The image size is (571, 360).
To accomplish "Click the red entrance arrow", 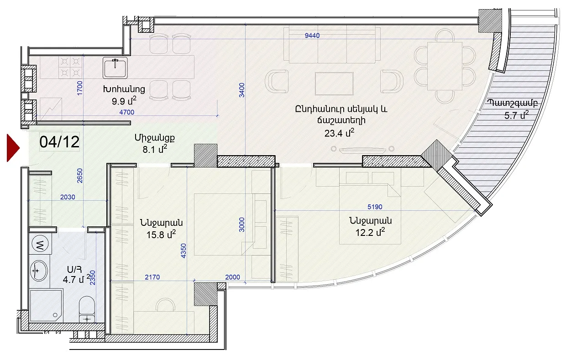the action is [x=13, y=148].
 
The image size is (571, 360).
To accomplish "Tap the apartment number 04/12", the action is [x=59, y=142].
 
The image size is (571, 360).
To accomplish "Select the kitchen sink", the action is [x=115, y=68].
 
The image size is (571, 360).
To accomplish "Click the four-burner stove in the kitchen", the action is [x=70, y=67].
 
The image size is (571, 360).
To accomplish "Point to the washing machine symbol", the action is [x=40, y=244].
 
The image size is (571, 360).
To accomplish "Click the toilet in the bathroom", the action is [x=87, y=309].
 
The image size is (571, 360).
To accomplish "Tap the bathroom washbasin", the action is [x=39, y=271].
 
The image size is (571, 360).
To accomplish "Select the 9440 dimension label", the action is [x=312, y=36].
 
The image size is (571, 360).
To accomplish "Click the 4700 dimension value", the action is [x=127, y=112].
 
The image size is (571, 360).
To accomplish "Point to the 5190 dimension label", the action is [x=375, y=207].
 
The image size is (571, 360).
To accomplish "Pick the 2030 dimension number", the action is [x=68, y=197].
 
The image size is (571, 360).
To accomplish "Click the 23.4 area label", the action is [x=339, y=133].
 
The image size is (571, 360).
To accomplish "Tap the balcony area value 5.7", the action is [x=516, y=115].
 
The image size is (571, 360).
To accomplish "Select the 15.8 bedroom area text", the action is [x=161, y=234].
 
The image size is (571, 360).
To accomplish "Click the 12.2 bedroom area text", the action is [x=370, y=232].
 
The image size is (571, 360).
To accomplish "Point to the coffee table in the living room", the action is [x=334, y=83].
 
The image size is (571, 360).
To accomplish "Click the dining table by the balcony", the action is [x=445, y=66].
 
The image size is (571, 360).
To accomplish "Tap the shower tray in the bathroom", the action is [x=46, y=306].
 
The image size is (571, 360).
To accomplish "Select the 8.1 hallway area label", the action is [x=155, y=149].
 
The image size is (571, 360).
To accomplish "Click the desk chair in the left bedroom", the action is [x=166, y=305].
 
